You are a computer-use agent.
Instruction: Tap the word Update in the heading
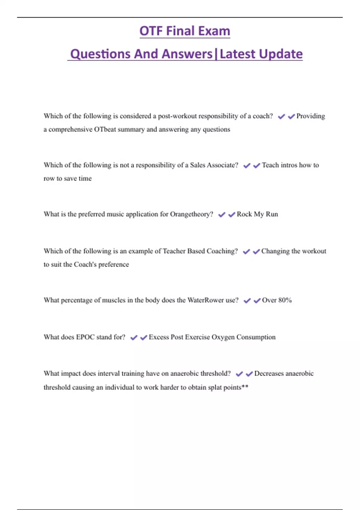click(280, 54)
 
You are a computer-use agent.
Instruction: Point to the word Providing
click(310, 116)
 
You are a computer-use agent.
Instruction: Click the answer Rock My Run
click(257, 214)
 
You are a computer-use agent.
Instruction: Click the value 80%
click(285, 300)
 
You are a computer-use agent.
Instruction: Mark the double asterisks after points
click(245, 387)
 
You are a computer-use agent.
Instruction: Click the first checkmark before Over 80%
click(247, 301)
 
